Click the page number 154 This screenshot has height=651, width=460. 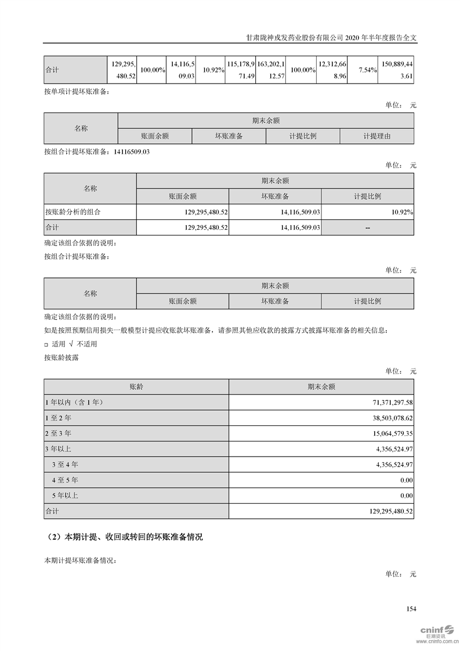[412, 609]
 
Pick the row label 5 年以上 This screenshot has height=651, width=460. [65, 496]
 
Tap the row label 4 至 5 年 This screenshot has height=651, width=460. [65, 480]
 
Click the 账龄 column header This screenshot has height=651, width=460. [136, 386]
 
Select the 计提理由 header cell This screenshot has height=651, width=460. [377, 136]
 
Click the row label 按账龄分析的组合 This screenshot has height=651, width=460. [73, 212]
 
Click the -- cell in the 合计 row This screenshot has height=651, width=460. [368, 228]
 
